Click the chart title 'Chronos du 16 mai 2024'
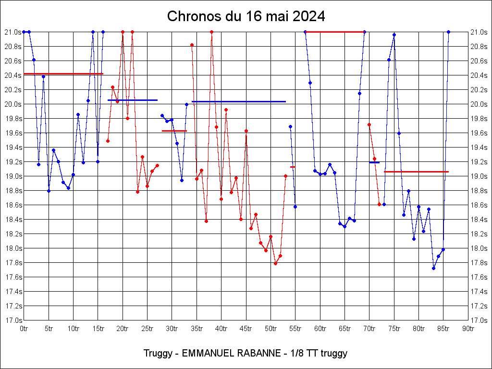(246, 16)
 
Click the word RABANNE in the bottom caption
(258, 354)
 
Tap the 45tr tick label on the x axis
(246, 329)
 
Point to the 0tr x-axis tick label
(24, 329)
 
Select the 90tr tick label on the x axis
(468, 329)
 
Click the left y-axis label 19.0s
(12, 176)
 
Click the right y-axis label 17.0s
(479, 320)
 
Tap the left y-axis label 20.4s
(12, 75)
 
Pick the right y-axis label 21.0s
(479, 32)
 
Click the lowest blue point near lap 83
(433, 268)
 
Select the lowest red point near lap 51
(275, 263)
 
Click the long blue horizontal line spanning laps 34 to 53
(239, 101)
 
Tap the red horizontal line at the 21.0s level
(335, 32)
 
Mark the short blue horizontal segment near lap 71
(374, 162)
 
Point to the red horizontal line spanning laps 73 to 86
(416, 172)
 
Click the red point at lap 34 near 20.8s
(192, 45)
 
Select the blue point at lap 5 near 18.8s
(49, 191)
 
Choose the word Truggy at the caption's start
(157, 354)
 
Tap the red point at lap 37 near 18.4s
(206, 221)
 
